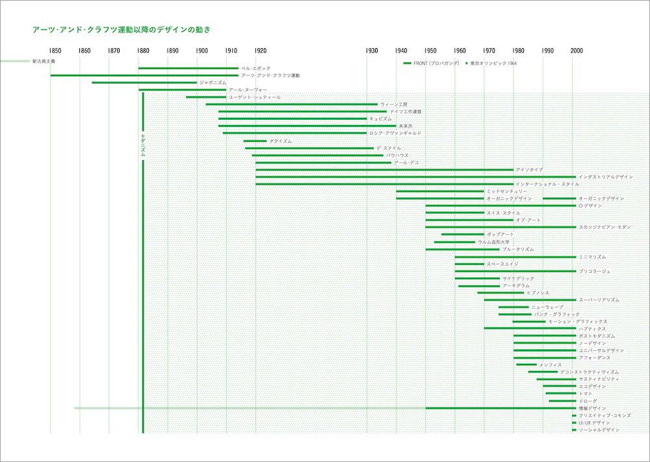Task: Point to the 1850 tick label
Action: (55, 51)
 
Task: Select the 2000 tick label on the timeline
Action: (577, 51)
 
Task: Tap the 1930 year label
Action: (372, 51)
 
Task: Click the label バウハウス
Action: (397, 156)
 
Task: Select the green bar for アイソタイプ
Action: (383, 169)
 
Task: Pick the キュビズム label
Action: (381, 119)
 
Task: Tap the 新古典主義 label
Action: (44, 62)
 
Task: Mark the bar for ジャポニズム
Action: (144, 83)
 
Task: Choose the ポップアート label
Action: (500, 234)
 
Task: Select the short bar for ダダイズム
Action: (255, 141)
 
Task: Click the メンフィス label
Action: (551, 364)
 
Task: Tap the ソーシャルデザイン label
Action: (599, 429)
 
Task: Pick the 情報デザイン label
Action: (592, 408)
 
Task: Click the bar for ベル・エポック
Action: (188, 68)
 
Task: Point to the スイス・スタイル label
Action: (503, 213)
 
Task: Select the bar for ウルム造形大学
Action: (454, 242)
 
